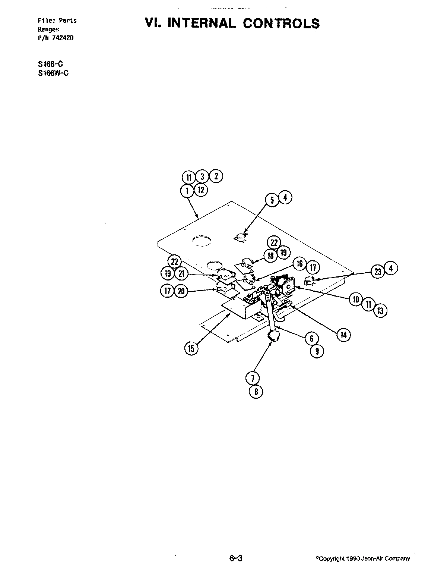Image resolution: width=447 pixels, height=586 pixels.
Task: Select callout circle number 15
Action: (x=191, y=348)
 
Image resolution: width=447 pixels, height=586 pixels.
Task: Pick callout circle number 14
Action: (x=343, y=335)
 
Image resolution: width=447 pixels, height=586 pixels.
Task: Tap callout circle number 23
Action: (x=378, y=272)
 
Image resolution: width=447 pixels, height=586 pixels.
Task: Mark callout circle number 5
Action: (x=272, y=200)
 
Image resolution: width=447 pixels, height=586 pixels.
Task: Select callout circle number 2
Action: (x=216, y=176)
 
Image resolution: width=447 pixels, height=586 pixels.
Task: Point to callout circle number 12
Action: (x=201, y=189)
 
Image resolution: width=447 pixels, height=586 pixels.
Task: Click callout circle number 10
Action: (x=355, y=299)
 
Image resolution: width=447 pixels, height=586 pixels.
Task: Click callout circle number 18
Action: (x=270, y=256)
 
